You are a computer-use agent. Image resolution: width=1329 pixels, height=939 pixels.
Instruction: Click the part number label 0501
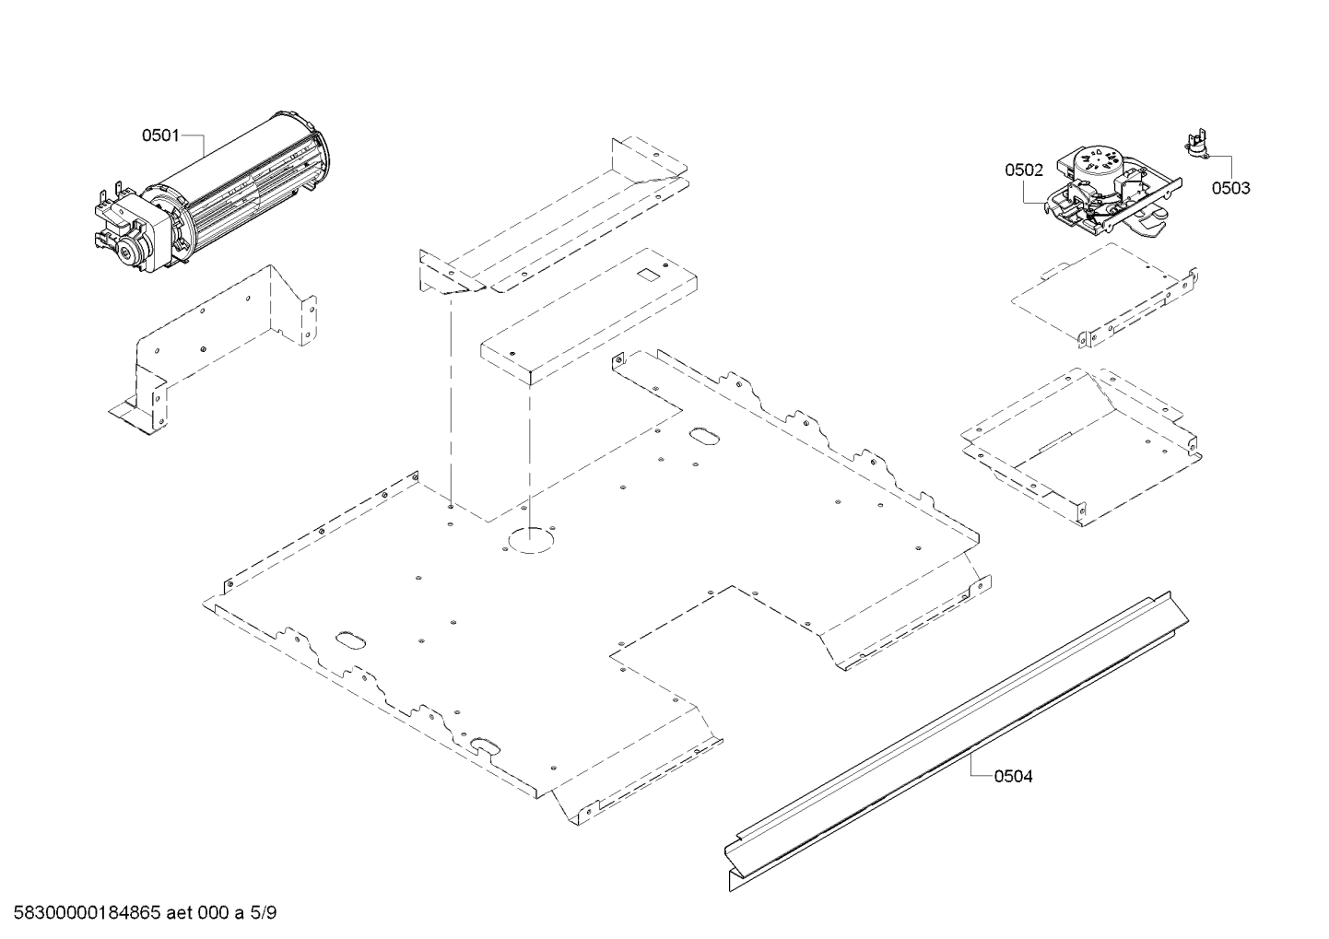pos(159,136)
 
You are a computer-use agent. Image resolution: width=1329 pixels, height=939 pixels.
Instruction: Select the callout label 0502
pos(1023,170)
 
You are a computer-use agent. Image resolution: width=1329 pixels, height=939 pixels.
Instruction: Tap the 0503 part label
pos(1230,188)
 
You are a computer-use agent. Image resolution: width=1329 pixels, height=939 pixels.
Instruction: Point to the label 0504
pos(1013,776)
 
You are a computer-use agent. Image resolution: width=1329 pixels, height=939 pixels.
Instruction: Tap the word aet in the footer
pos(181,913)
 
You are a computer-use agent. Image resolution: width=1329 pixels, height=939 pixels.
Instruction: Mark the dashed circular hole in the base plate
pos(527,541)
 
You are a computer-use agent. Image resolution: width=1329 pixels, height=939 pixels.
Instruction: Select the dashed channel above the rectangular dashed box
pos(553,221)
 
